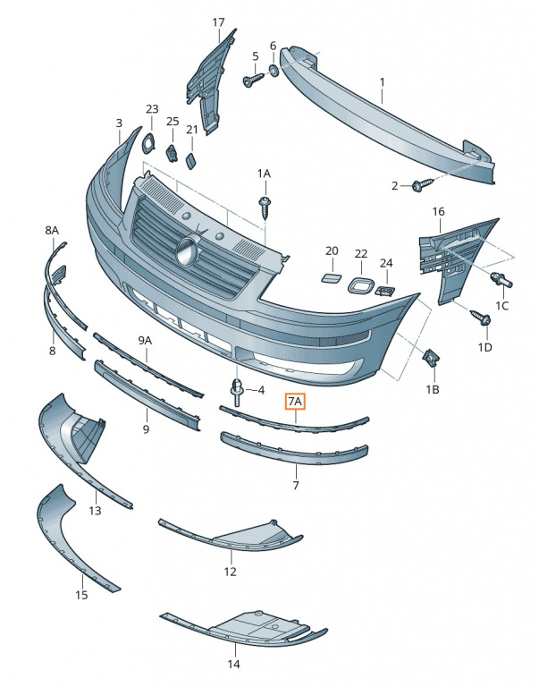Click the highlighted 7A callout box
point(295,401)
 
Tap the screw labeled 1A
point(264,208)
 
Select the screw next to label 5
point(253,80)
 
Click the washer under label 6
point(274,70)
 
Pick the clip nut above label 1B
point(430,360)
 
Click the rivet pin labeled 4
point(237,391)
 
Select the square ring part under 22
point(361,285)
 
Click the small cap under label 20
point(332,277)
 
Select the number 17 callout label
point(218,22)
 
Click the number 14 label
point(234,664)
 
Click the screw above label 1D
point(480,318)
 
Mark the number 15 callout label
point(82,595)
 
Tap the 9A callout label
point(145,341)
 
